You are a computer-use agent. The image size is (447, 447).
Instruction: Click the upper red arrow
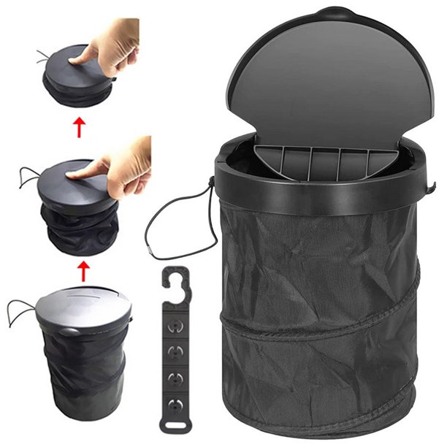pyautogui.click(x=78, y=130)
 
